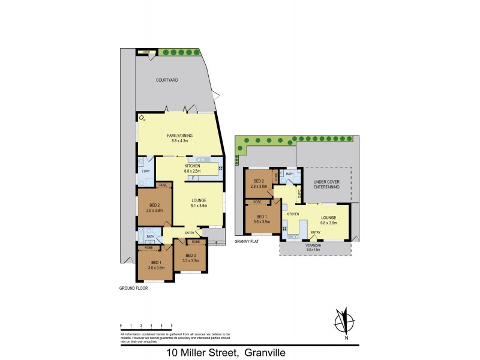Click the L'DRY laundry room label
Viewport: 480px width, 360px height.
click(145, 172)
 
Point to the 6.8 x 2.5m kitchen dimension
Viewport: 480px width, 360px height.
click(192, 170)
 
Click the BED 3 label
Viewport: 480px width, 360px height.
click(190, 256)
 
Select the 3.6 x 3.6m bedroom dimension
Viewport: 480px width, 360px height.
click(156, 268)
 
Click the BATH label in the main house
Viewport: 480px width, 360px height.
click(150, 236)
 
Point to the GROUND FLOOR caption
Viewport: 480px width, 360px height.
click(133, 288)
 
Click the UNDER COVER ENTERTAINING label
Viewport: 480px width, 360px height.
click(326, 185)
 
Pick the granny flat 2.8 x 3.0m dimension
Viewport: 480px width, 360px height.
click(259, 186)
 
